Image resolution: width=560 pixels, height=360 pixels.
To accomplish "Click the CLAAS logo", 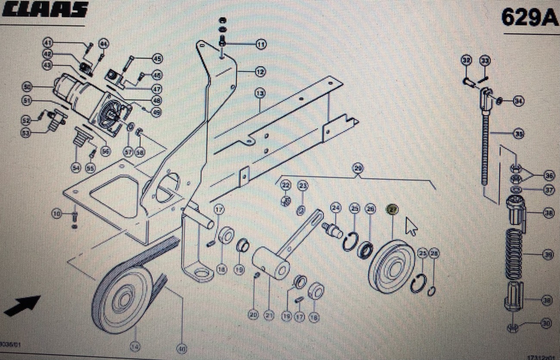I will click(x=45, y=9).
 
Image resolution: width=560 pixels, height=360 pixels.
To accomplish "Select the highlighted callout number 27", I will click(x=392, y=210).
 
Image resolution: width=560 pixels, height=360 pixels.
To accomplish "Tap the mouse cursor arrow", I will click(x=411, y=225).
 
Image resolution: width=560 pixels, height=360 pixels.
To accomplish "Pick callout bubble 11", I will click(x=261, y=44).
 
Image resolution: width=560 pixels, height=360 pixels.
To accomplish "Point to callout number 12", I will click(x=260, y=72).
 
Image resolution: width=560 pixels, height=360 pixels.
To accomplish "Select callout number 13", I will click(x=259, y=93).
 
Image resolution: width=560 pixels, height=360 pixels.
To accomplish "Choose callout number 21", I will click(x=270, y=316).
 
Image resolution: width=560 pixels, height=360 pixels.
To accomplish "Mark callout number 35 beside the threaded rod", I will click(x=519, y=134).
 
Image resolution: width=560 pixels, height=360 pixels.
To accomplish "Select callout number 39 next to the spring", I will click(x=548, y=255).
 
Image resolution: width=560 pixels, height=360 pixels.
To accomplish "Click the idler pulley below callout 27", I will click(x=392, y=267).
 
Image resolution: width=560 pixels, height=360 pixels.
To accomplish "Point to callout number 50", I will click(x=27, y=88).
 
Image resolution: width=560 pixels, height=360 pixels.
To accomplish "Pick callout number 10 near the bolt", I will click(x=56, y=213).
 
